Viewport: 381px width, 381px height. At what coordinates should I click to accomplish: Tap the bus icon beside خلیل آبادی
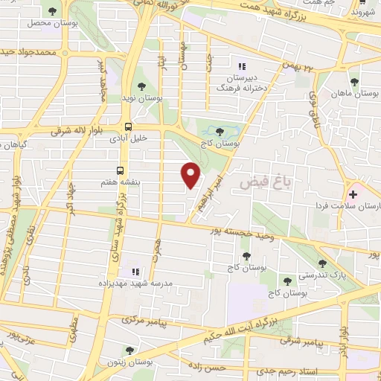click(x=129, y=127)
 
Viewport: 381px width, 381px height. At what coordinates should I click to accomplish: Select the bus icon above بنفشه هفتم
click(x=120, y=170)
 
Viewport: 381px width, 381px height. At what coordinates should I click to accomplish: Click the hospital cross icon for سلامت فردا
click(x=353, y=193)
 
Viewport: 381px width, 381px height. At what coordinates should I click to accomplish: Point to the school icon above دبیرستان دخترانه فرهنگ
click(x=240, y=66)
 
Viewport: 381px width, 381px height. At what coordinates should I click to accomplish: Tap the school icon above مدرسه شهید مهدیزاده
click(x=135, y=272)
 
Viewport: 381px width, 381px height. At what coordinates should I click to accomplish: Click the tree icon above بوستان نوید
click(x=141, y=87)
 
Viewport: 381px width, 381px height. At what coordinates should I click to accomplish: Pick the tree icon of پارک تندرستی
click(x=322, y=263)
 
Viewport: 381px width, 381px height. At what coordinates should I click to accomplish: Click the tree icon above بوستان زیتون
click(x=129, y=350)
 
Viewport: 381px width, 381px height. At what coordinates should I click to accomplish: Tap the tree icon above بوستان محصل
click(x=51, y=11)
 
